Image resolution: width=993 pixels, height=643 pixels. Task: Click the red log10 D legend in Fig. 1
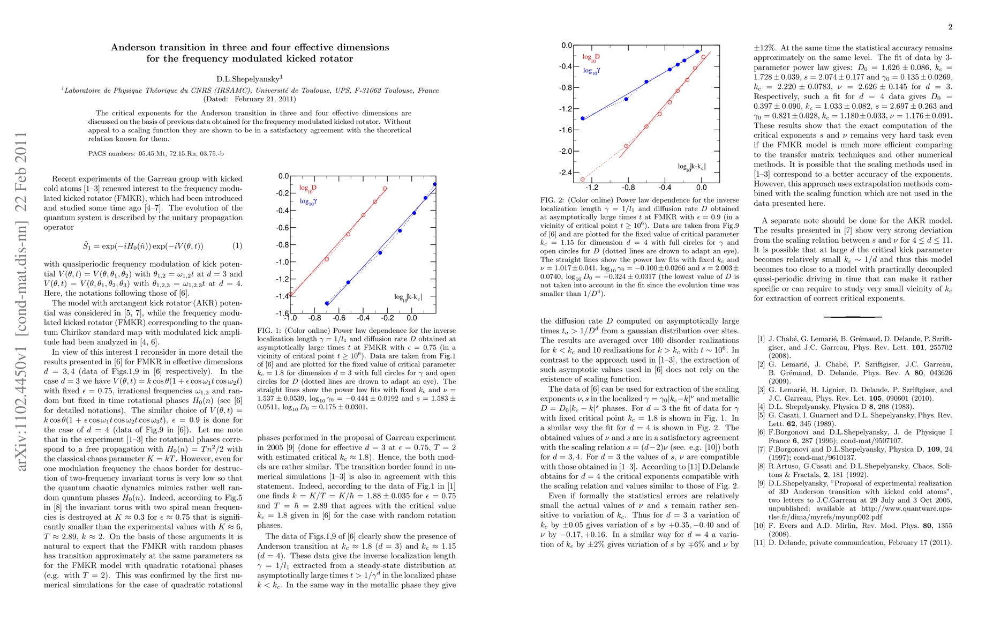[x=307, y=188]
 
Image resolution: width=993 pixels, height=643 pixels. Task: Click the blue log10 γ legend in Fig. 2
[x=591, y=71]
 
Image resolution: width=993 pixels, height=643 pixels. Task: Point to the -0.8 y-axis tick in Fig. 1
[x=282, y=245]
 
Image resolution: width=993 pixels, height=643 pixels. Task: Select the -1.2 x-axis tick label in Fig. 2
[x=592, y=188]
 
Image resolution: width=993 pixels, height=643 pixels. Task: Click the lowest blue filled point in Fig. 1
[x=327, y=303]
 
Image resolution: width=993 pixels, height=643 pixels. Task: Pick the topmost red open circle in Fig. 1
[x=385, y=189]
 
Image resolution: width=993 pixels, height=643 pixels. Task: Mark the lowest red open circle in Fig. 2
[x=583, y=180]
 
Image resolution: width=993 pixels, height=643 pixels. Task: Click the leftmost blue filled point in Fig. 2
[x=583, y=118]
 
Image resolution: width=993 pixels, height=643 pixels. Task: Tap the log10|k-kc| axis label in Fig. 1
[x=408, y=296]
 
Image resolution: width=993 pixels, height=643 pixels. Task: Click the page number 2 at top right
[x=950, y=27]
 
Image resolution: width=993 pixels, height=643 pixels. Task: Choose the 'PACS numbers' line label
[x=111, y=154]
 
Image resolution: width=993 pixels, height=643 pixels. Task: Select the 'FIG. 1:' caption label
[x=269, y=331]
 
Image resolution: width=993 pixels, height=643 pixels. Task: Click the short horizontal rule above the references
[x=853, y=317]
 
